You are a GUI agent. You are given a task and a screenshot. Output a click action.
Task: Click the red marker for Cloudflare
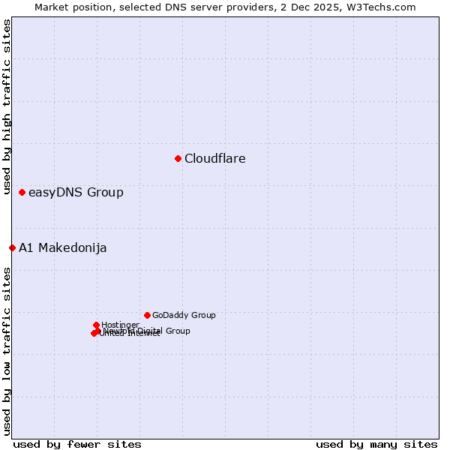(178, 158)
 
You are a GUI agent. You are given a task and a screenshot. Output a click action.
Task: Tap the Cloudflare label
(215, 158)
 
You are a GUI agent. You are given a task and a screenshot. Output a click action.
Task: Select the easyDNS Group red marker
(22, 193)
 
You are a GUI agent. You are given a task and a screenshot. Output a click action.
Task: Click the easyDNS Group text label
(76, 193)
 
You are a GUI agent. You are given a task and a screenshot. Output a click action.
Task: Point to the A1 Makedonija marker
(12, 247)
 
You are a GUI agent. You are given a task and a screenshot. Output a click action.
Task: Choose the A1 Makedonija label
(63, 248)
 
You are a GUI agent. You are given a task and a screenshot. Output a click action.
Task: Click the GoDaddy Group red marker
(147, 315)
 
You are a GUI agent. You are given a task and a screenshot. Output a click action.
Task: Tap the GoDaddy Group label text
(184, 316)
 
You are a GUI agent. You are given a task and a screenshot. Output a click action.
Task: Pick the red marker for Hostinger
(96, 325)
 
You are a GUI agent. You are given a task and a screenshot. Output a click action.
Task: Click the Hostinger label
(120, 325)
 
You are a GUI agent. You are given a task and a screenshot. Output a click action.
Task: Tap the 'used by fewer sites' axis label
(77, 444)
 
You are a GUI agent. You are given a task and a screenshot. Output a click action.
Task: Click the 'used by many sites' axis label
(376, 444)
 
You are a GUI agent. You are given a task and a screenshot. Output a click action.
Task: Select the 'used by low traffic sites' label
(7, 351)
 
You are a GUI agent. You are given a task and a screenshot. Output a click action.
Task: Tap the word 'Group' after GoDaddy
(202, 316)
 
